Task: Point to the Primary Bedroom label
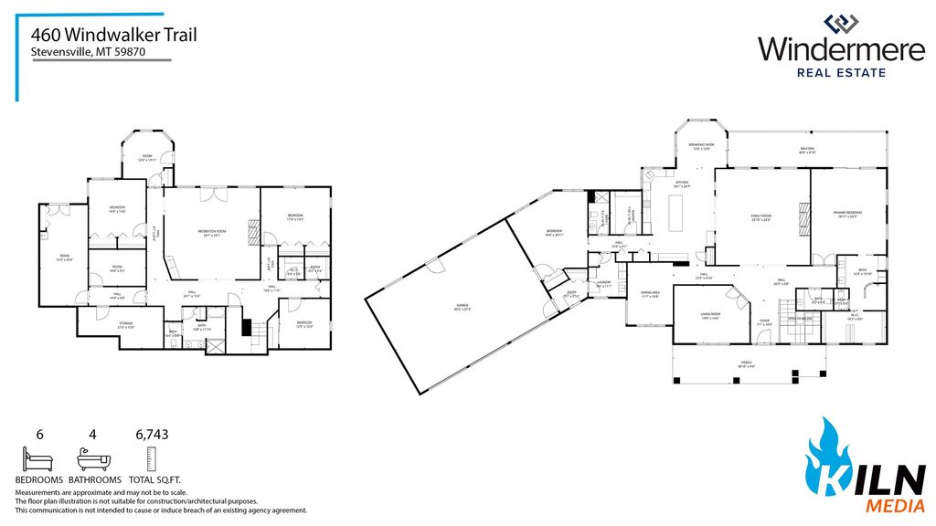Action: [847, 215]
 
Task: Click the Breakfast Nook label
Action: [701, 147]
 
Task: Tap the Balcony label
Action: [807, 149]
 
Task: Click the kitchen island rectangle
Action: [676, 214]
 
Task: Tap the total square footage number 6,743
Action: [152, 435]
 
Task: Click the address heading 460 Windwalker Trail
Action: [113, 35]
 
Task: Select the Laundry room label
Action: [603, 283]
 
